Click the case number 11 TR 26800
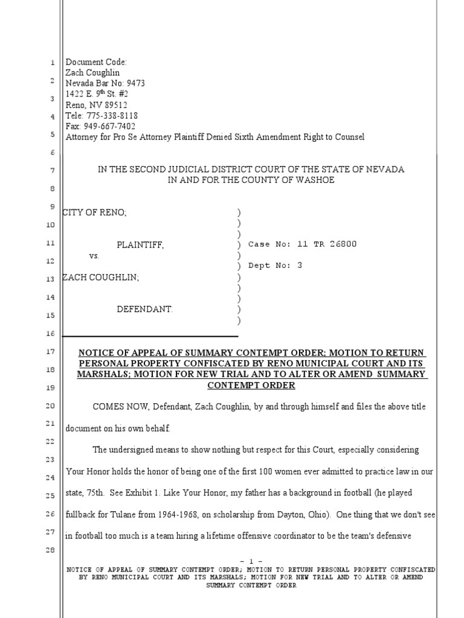point(327,244)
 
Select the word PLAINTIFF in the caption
point(140,244)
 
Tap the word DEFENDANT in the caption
point(144,309)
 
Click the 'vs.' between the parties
point(94,256)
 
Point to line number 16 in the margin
point(51,334)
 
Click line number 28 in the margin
point(51,550)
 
